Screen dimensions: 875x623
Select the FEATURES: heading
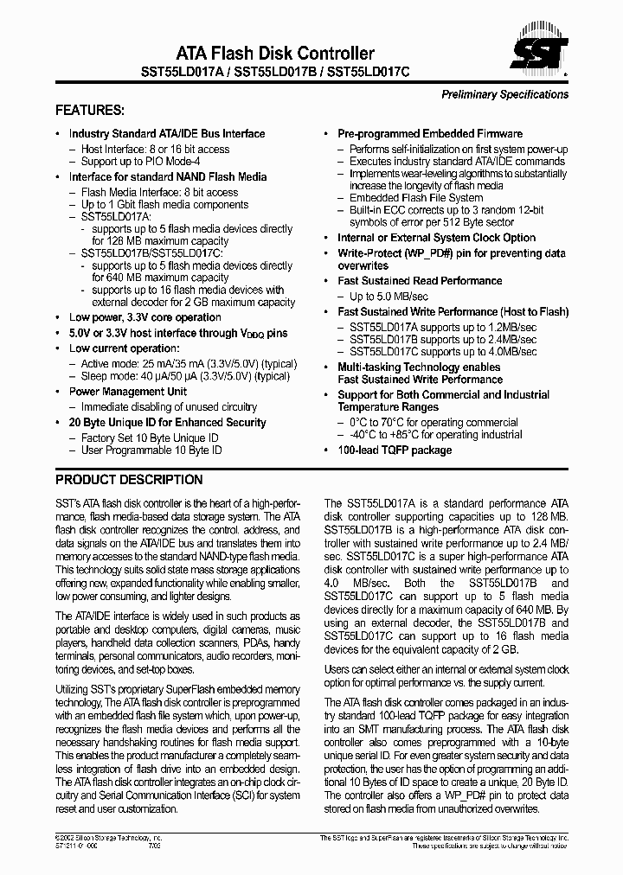[x=90, y=111]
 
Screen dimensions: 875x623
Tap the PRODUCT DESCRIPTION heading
[x=129, y=480]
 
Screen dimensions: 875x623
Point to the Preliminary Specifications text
[x=504, y=94]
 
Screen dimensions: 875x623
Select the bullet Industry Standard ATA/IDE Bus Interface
[x=167, y=134]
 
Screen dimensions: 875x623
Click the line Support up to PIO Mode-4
[x=140, y=162]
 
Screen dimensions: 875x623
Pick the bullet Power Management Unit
[x=128, y=392]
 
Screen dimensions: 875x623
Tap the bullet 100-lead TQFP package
[x=395, y=450]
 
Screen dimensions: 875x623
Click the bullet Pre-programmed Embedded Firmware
[x=430, y=134]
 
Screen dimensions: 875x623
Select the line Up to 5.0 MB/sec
[x=392, y=297]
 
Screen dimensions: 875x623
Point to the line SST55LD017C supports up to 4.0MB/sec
[x=443, y=353]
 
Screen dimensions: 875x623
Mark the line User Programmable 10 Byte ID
[x=151, y=450]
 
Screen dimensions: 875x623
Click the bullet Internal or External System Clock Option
[x=436, y=238]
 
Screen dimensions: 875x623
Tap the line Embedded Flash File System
[x=416, y=198]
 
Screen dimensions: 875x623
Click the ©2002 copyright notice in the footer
[x=109, y=839]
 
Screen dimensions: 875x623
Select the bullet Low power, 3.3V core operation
[x=145, y=317]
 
